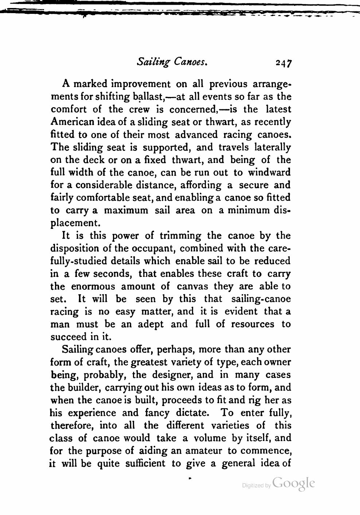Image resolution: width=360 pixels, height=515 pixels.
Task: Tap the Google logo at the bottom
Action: click(293, 483)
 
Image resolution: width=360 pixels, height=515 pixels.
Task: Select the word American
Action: click(74, 122)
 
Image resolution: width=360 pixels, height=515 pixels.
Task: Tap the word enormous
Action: click(93, 286)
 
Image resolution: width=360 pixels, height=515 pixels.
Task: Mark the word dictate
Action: click(192, 413)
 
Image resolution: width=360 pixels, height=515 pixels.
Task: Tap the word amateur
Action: click(203, 451)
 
